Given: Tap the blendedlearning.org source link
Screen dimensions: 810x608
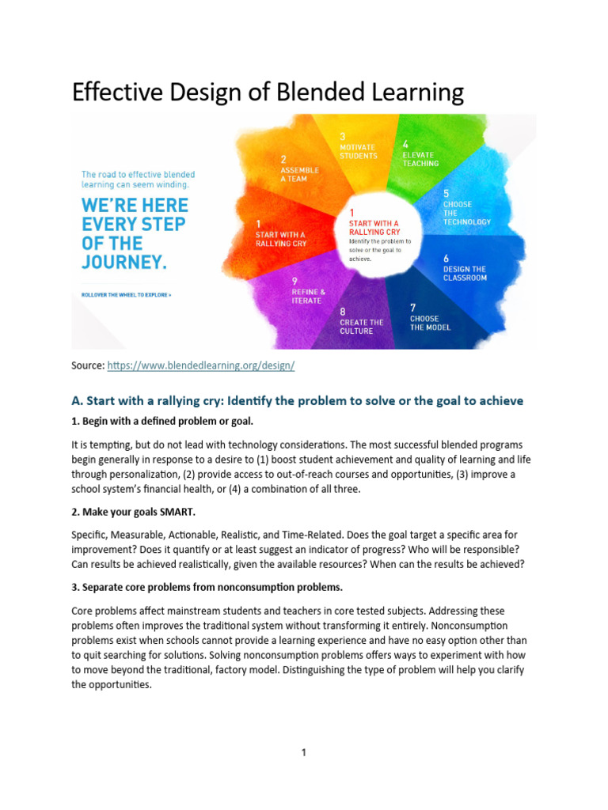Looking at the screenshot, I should [x=200, y=366].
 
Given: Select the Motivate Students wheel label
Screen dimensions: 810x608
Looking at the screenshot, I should [x=359, y=151].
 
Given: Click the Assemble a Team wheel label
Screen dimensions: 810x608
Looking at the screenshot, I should [x=298, y=174].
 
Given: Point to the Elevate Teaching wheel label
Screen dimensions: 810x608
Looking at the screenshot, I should [x=420, y=159].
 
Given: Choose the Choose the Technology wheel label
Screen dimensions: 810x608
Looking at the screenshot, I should [x=466, y=213].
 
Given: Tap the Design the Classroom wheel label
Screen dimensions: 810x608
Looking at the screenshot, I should [x=465, y=273].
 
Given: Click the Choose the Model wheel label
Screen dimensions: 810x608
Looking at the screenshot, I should [x=429, y=323].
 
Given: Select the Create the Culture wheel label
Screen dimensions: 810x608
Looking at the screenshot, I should [x=361, y=327].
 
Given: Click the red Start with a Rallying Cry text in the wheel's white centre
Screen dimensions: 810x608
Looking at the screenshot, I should [x=374, y=228].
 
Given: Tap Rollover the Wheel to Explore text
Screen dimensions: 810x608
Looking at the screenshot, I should [x=126, y=294].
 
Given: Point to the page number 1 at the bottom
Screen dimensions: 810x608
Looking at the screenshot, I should [x=303, y=752].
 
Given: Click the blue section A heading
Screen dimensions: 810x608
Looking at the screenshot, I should [x=297, y=400].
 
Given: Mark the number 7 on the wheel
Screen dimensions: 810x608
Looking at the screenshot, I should [x=412, y=307].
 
